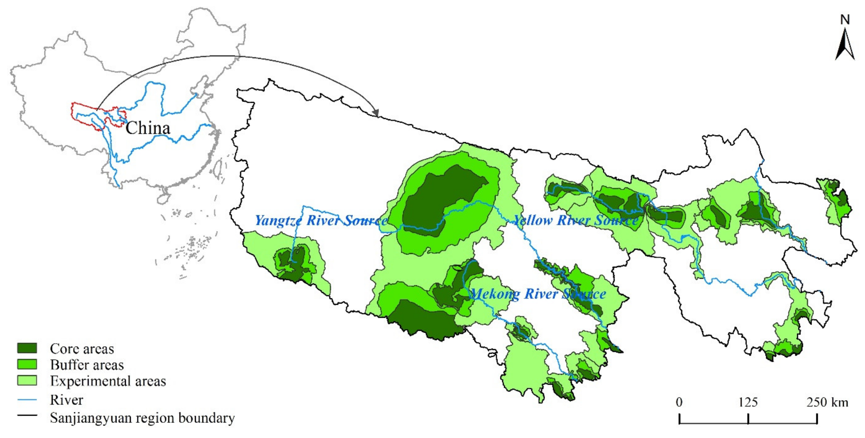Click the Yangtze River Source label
click(x=321, y=221)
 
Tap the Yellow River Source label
click(x=576, y=220)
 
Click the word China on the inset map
click(x=148, y=128)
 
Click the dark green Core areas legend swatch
click(x=27, y=348)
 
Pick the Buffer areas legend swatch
click(x=27, y=364)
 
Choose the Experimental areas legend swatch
click(x=27, y=380)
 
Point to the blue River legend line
click(x=27, y=400)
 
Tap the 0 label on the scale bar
click(x=679, y=402)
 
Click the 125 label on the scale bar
click(x=748, y=402)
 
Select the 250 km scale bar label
click(x=827, y=402)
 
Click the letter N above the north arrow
click(x=845, y=20)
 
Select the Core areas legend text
click(x=82, y=349)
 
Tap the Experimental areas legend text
click(x=108, y=381)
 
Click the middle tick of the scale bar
click(x=748, y=419)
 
